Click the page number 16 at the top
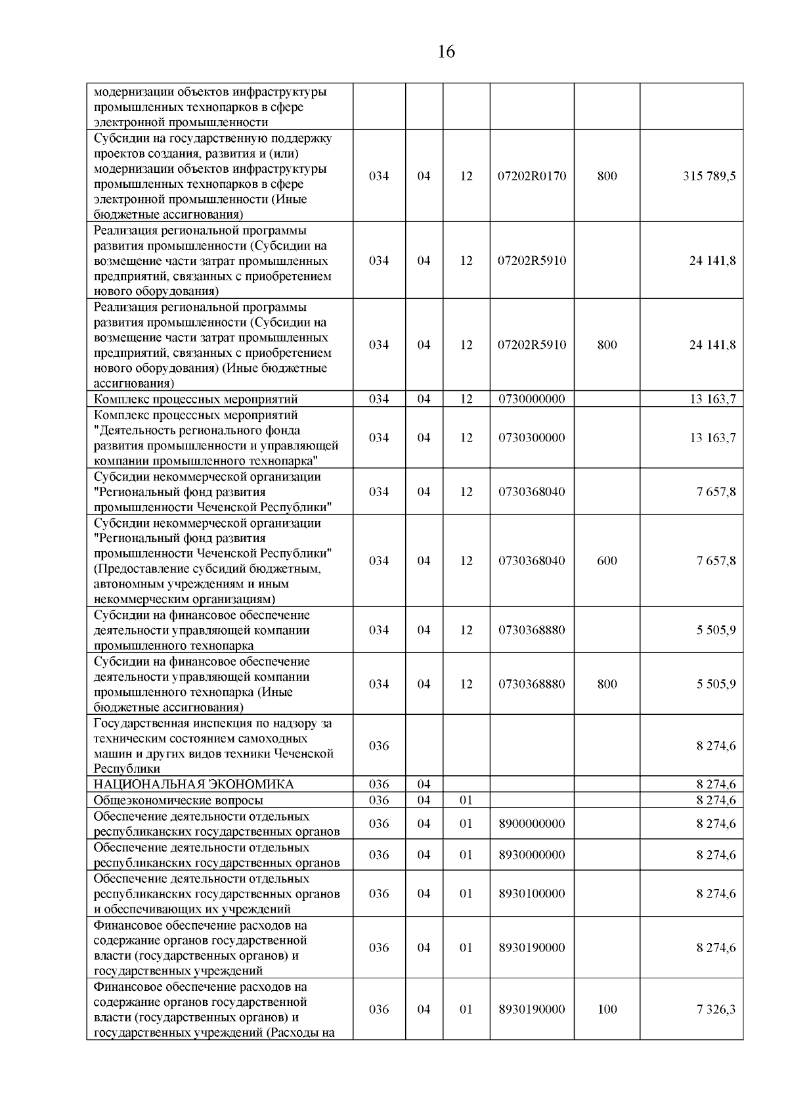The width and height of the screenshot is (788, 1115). tap(446, 52)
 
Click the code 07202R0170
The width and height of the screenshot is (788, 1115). tap(532, 176)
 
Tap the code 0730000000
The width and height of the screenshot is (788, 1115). tap(532, 399)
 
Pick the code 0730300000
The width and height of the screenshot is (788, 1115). tap(532, 438)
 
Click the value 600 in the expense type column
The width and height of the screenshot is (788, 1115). tap(607, 560)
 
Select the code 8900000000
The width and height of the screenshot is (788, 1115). tap(532, 823)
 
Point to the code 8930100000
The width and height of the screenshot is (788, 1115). tap(532, 894)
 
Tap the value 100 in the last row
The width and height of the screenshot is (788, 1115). tap(607, 1009)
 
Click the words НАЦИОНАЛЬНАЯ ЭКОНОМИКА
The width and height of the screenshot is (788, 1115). tap(194, 785)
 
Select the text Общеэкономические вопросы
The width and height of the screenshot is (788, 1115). tap(179, 800)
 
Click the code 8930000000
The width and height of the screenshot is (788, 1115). tap(532, 855)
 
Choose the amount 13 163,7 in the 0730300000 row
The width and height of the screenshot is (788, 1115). tap(712, 438)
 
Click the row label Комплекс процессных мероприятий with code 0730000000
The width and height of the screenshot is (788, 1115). tap(196, 399)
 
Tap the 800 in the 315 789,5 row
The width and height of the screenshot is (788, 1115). tap(607, 176)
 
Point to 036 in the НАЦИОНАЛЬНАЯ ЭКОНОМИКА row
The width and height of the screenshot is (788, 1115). tap(379, 785)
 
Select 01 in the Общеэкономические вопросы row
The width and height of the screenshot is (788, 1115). tap(466, 800)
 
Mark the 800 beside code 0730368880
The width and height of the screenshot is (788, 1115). tap(607, 684)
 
